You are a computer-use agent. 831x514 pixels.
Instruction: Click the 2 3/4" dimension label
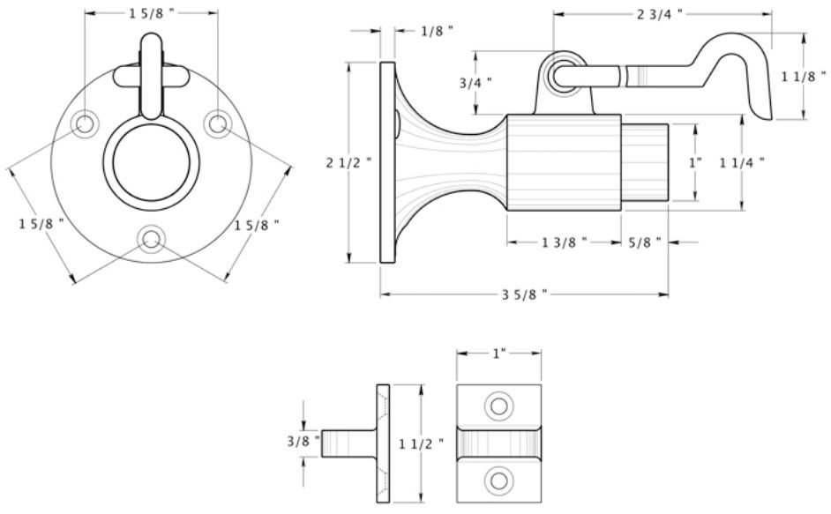(660, 13)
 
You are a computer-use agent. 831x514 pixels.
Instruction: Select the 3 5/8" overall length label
(525, 294)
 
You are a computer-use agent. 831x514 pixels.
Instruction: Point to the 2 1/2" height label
(343, 162)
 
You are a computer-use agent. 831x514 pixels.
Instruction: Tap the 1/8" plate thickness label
(437, 31)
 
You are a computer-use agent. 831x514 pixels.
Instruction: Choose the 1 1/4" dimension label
(741, 161)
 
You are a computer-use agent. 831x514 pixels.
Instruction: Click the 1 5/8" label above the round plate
(152, 13)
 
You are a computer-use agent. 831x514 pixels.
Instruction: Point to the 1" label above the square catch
(498, 353)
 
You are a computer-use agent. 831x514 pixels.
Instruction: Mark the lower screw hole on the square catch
(499, 480)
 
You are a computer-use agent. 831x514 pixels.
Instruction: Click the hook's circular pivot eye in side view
(561, 76)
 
